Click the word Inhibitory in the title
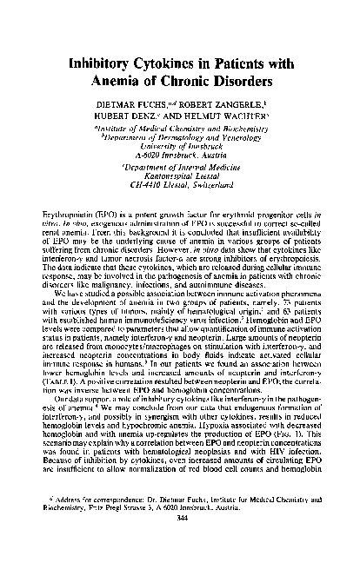tap(100, 63)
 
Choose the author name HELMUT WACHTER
tap(229, 125)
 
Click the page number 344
tap(179, 542)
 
